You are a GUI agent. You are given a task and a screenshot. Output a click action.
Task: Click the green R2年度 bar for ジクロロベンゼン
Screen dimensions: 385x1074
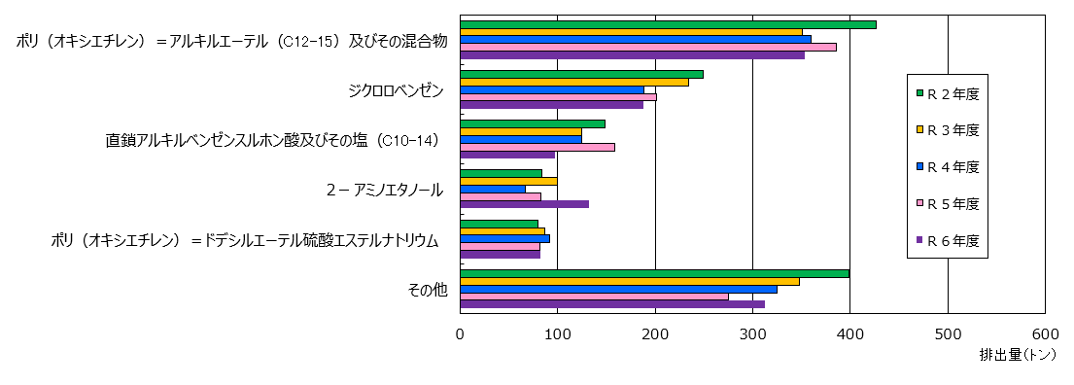[581, 74]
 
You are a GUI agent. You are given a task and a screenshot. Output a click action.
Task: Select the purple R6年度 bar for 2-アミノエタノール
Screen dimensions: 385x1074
[524, 204]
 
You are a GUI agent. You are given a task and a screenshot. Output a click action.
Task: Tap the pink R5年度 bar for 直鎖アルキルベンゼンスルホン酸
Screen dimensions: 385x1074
[537, 147]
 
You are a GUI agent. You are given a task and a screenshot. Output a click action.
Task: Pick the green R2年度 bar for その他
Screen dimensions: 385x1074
[654, 273]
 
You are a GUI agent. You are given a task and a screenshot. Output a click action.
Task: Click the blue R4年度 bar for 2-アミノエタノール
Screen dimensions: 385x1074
[493, 189]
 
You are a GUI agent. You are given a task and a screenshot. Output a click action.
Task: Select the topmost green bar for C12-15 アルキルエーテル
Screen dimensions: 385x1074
[668, 24]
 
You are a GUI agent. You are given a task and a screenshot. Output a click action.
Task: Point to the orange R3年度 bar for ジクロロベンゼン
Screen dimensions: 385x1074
[574, 82]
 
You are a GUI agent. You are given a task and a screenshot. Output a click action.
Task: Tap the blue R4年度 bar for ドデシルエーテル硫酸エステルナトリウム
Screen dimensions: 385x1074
[504, 238]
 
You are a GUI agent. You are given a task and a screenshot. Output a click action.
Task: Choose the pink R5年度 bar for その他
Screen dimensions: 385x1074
[594, 297]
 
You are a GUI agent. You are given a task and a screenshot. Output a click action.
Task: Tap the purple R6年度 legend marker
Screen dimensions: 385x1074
[918, 239]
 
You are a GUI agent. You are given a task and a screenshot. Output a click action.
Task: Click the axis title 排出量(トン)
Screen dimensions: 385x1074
[1017, 355]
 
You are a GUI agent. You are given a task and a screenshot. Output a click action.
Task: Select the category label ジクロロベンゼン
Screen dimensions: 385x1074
[396, 90]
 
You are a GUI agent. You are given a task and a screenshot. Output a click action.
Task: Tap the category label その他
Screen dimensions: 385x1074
[429, 289]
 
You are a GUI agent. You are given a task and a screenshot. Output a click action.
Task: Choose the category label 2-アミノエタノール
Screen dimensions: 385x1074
[384, 190]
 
